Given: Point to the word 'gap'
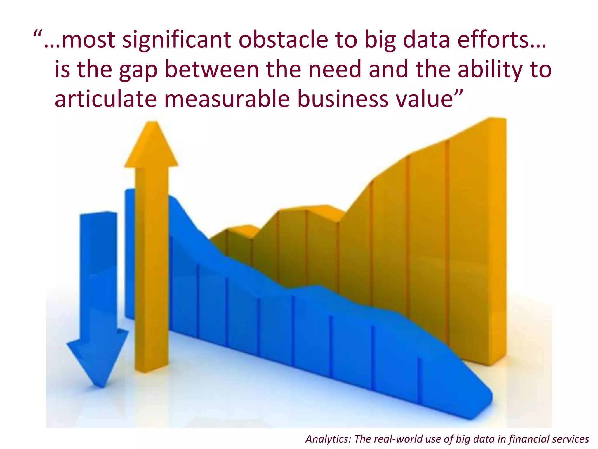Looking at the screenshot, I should point(138,70).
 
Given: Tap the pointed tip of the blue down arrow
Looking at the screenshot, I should point(102,387).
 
